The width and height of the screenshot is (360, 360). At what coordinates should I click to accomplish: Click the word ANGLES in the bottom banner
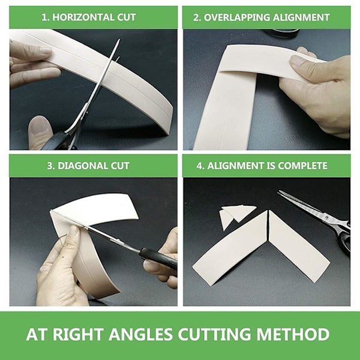click(140, 334)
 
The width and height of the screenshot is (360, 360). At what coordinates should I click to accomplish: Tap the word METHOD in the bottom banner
click(293, 334)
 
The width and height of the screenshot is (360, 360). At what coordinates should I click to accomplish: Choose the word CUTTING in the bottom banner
click(214, 334)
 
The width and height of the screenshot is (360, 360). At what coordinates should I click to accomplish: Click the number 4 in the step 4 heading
click(199, 166)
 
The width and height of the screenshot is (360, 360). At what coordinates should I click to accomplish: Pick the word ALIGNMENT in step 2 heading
click(301, 17)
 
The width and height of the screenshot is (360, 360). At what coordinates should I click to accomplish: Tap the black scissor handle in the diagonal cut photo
click(158, 258)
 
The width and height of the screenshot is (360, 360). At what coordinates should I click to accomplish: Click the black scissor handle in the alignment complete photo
click(345, 239)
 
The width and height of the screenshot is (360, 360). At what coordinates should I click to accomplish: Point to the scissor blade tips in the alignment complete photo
click(280, 193)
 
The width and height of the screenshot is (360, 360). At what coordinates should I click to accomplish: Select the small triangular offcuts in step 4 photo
click(236, 216)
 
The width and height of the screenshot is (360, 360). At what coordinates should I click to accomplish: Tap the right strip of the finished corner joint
click(298, 247)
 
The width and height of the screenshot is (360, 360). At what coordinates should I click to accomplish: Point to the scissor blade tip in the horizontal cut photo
click(119, 40)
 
